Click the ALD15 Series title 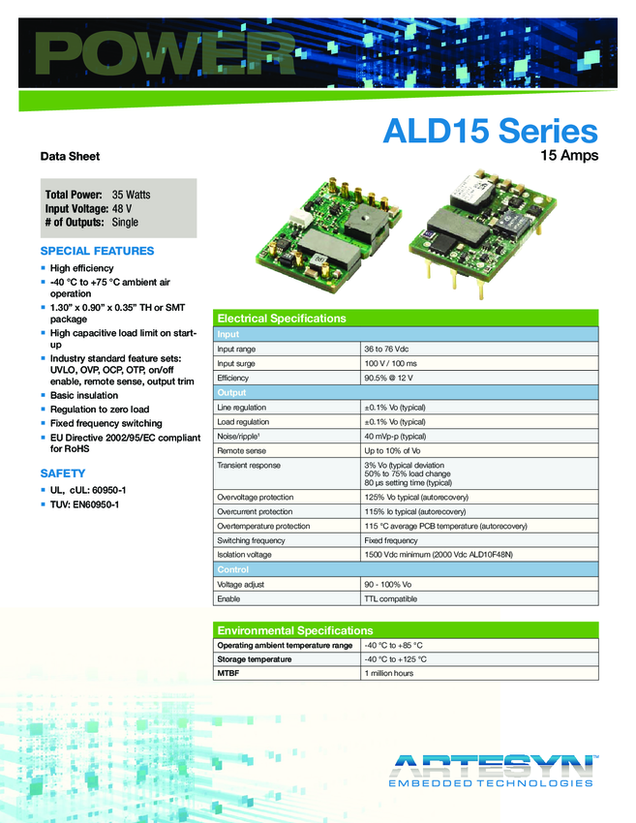[x=490, y=132]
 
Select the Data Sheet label [x=70, y=156]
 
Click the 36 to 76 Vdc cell [x=386, y=349]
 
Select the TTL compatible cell [x=390, y=599]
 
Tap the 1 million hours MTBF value [x=388, y=673]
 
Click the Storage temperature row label [x=254, y=659]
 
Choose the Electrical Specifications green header [x=281, y=319]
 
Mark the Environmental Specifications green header [x=294, y=630]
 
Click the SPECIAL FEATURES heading [x=97, y=251]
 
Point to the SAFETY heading [x=63, y=473]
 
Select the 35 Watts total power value [x=131, y=195]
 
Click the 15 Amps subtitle [x=568, y=155]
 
